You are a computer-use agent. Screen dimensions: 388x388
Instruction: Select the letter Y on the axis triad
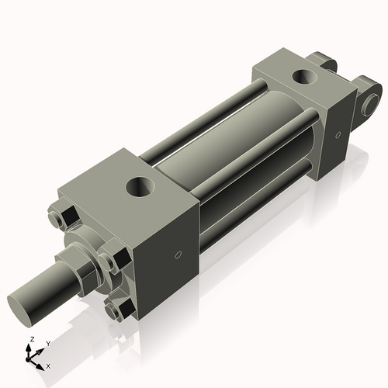point(47,343)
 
